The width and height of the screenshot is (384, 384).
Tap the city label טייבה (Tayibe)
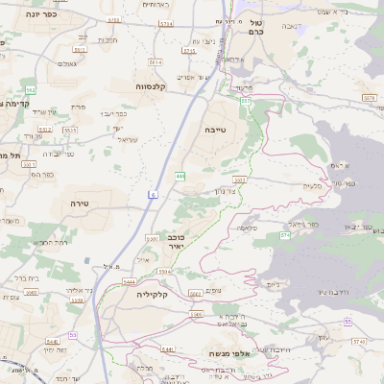[x=214, y=128]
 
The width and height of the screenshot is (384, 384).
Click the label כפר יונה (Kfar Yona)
[x=38, y=13]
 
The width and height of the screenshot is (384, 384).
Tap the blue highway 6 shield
[x=151, y=195]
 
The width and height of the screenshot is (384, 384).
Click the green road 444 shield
[x=180, y=176]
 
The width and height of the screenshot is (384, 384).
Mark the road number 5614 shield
[x=156, y=62]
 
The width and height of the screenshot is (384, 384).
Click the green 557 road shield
[x=246, y=99]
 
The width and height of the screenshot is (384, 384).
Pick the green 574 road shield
[x=284, y=234]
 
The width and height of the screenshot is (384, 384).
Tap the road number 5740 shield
[x=359, y=341]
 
